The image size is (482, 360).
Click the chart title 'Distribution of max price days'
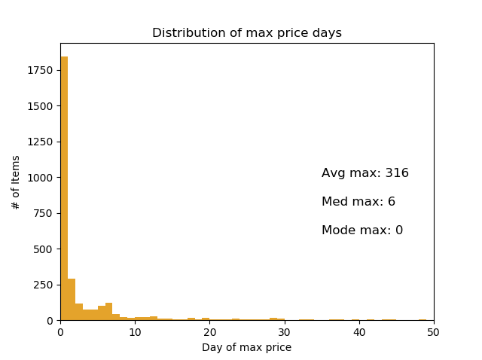pyautogui.click(x=247, y=33)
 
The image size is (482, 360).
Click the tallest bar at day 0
pyautogui.click(x=64, y=188)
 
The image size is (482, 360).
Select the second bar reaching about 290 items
pyautogui.click(x=72, y=300)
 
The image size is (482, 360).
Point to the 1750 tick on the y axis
pyautogui.click(x=42, y=70)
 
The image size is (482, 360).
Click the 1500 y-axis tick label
pyautogui.click(x=42, y=106)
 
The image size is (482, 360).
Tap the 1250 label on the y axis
pyautogui.click(x=42, y=142)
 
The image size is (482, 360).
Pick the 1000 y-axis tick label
pyautogui.click(x=42, y=178)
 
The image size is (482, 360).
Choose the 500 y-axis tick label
pyautogui.click(x=45, y=249)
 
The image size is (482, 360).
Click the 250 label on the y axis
pyautogui.click(x=45, y=285)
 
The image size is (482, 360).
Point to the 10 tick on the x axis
pyautogui.click(x=135, y=331)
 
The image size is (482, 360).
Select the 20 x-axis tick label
pyautogui.click(x=209, y=331)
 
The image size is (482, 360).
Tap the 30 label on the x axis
pyautogui.click(x=284, y=331)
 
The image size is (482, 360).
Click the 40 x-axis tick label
pyautogui.click(x=359, y=331)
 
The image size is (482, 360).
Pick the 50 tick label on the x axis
pyautogui.click(x=434, y=331)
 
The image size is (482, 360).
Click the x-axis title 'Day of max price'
pyautogui.click(x=246, y=347)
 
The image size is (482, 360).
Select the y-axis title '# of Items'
pyautogui.click(x=16, y=182)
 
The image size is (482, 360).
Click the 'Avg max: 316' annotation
pyautogui.click(x=365, y=173)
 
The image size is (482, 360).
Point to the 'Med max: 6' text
pyautogui.click(x=358, y=202)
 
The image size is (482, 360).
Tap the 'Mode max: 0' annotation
pyautogui.click(x=362, y=230)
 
